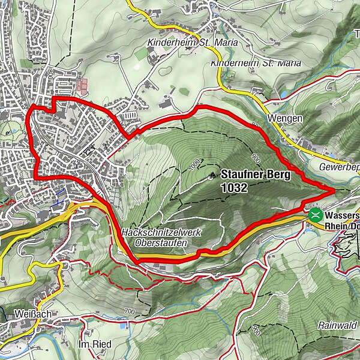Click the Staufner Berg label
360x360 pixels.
(x=256, y=175)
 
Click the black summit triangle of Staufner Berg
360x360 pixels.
(x=212, y=176)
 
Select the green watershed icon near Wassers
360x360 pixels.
(x=314, y=214)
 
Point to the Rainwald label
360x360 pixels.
(x=338, y=325)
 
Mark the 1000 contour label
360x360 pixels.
(x=191, y=164)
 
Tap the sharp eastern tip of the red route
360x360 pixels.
(x=334, y=190)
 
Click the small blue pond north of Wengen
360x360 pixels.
(x=283, y=95)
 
